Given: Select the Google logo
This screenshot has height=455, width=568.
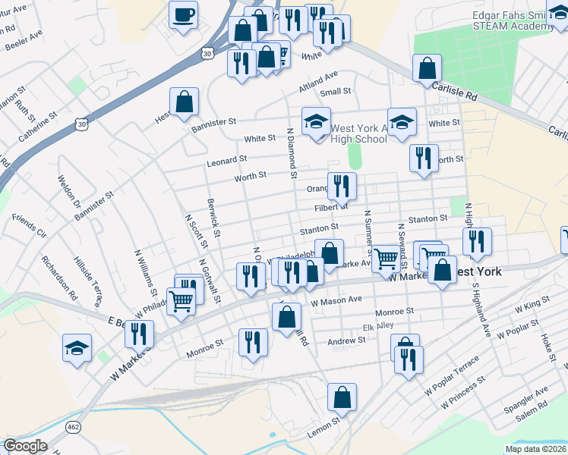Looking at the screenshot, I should coord(25,446).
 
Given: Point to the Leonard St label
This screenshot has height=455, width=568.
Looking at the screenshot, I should coord(227,161).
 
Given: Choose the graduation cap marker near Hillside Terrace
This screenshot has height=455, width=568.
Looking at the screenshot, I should coord(77,348).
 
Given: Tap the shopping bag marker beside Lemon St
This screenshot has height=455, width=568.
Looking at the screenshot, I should coord(342,397).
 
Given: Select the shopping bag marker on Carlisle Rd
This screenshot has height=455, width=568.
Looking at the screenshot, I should coord(428,67).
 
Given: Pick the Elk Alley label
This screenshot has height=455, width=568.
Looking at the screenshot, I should coord(378,326).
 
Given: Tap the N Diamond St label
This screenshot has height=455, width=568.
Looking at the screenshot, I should coord(291,152).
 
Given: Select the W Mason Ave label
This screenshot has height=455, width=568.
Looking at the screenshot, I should coord(336,300).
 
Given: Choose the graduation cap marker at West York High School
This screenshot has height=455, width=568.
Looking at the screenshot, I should coord(316,121).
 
